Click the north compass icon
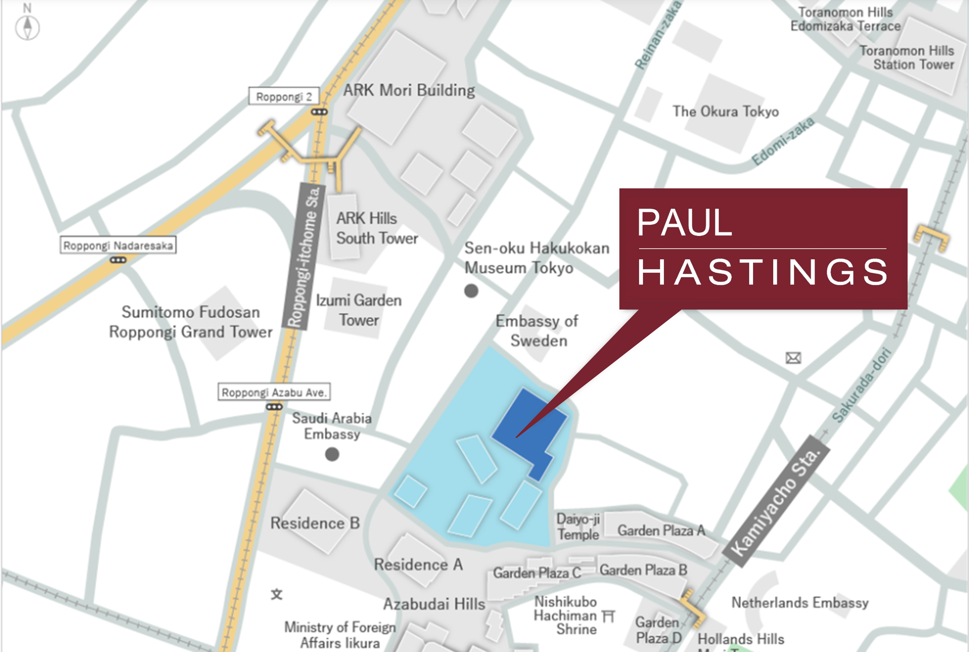pos(27,27)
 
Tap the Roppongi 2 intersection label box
pos(284,96)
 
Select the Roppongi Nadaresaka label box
pos(118,245)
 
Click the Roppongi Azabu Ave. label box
pos(274,392)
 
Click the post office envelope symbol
pos(793,357)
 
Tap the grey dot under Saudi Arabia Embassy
pos(332,454)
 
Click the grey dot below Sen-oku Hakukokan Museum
pos(471,291)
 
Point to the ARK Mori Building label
pos(409,90)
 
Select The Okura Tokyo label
pos(726,111)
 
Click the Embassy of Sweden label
pos(537,331)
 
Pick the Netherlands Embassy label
pos(800,602)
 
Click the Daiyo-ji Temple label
pos(578,526)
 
